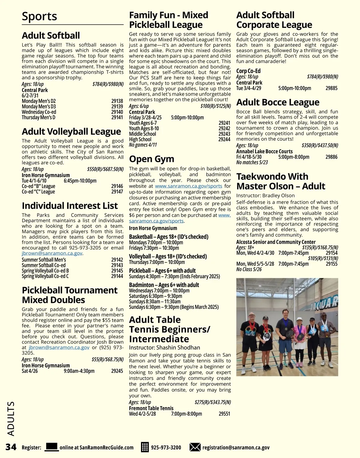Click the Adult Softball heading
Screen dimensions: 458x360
[x=51, y=35]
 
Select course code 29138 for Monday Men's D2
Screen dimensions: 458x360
[x=117, y=101]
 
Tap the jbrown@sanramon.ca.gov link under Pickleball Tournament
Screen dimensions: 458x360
[x=59, y=347]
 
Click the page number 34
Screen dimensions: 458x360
[x=11, y=447]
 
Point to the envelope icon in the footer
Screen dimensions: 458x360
[x=195, y=447]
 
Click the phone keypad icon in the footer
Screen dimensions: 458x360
[x=145, y=447]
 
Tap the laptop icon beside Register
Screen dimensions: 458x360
[x=51, y=447]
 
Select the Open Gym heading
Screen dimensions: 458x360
[x=151, y=159]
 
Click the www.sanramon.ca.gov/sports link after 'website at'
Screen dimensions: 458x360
[x=188, y=186]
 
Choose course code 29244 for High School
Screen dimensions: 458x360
[x=224, y=139]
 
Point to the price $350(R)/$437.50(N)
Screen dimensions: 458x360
[x=319, y=145]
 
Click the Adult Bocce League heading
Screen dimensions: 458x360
[x=278, y=102]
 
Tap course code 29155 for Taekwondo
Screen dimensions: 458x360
[x=331, y=264]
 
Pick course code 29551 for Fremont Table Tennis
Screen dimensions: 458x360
[x=224, y=414]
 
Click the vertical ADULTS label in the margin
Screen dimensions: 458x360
[x=11, y=418]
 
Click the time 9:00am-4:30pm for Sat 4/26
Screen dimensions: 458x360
[x=79, y=371]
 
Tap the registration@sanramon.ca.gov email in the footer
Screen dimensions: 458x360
[x=236, y=448]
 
